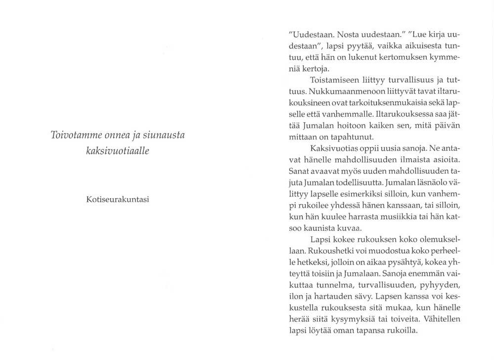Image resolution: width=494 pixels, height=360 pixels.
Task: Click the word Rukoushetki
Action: (x=331, y=251)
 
